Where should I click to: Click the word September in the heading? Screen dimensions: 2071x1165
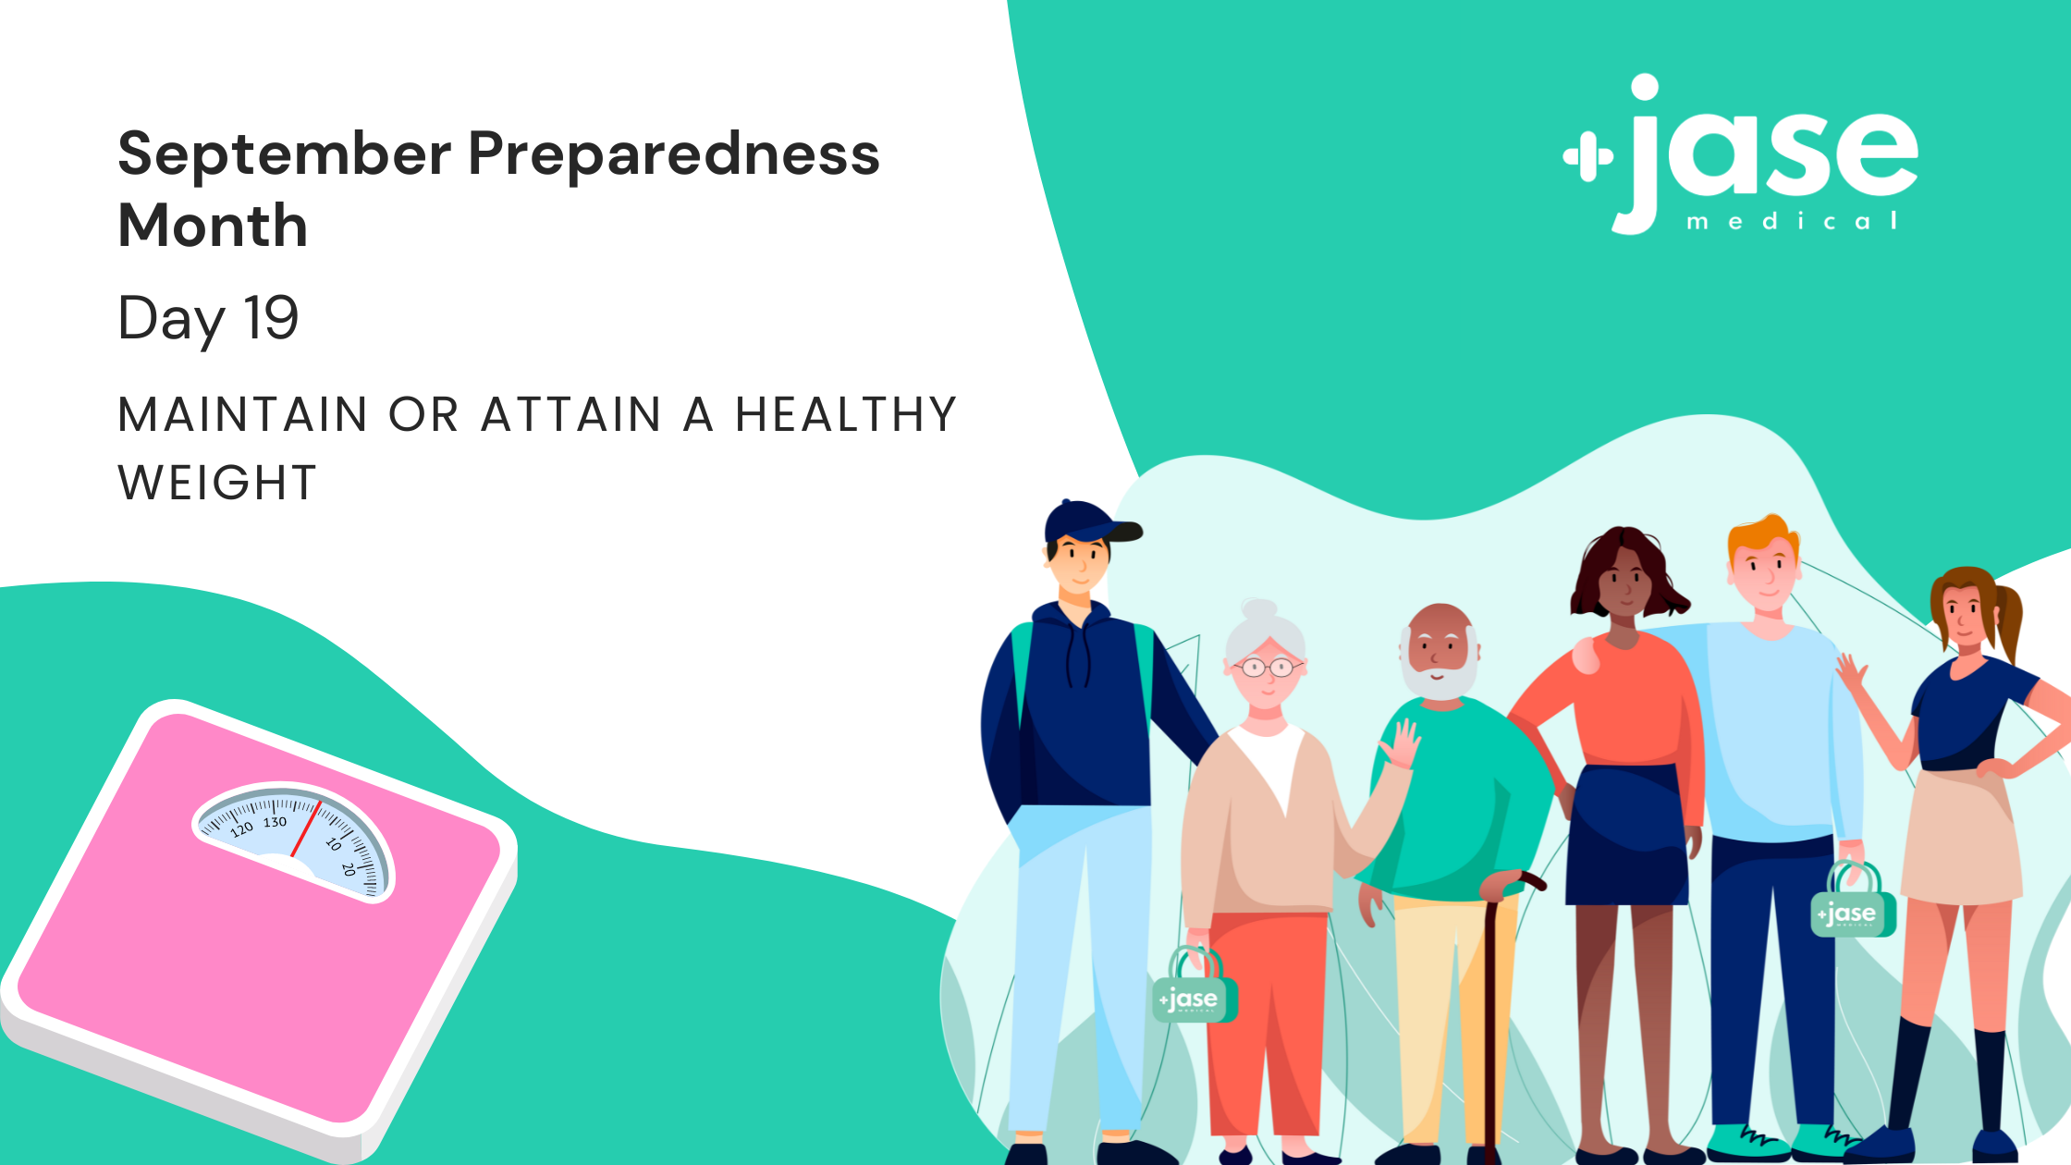click(x=285, y=154)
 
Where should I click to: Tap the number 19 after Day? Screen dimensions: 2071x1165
click(x=271, y=318)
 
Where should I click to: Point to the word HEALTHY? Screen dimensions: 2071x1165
click(x=846, y=414)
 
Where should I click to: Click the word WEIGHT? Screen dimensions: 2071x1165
click(x=217, y=483)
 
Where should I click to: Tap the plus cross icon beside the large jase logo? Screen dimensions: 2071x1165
click(x=1588, y=157)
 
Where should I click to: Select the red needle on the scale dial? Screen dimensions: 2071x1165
click(x=305, y=828)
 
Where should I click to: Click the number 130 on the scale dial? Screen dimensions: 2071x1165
click(x=276, y=822)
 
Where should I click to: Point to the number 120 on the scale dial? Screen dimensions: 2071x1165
click(x=241, y=829)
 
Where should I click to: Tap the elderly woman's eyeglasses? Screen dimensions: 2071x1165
click(x=1268, y=667)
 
